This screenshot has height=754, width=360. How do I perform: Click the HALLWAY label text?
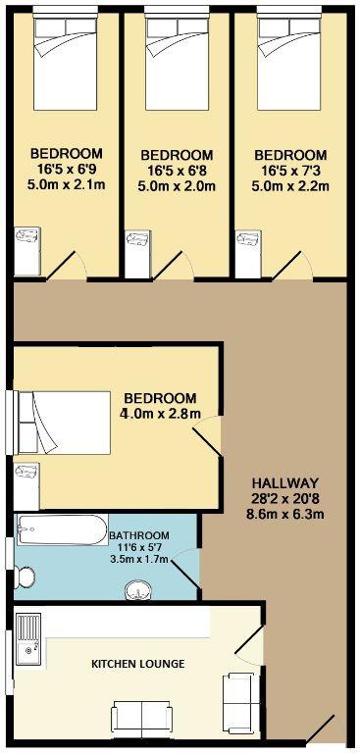[x=284, y=482]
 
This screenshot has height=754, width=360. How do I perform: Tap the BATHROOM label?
[x=139, y=534]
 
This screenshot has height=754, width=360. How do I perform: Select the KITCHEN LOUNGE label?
[x=138, y=664]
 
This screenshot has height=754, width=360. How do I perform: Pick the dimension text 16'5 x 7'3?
[x=289, y=170]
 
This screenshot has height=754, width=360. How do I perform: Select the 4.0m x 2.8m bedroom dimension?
[x=160, y=414]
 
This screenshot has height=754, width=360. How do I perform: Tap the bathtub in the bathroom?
[x=62, y=531]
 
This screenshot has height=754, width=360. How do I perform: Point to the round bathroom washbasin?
[x=139, y=588]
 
